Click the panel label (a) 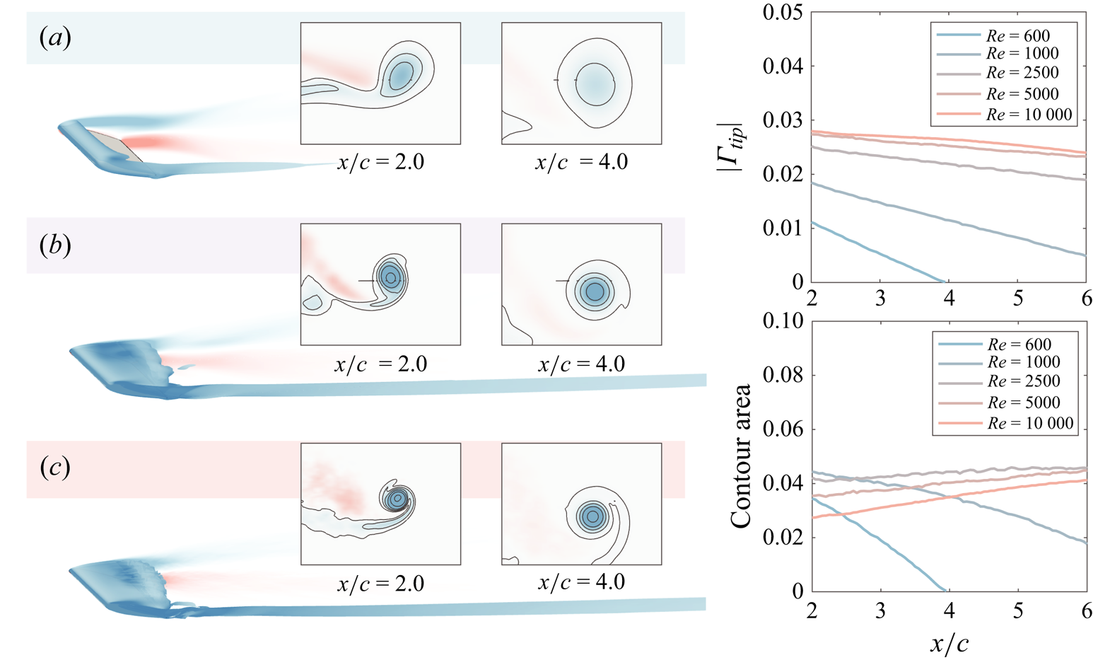click(55, 37)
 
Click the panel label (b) click(55, 245)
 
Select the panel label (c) click(55, 468)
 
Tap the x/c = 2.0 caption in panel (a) click(380, 162)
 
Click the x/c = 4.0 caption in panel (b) click(581, 364)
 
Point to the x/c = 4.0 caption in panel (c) click(581, 582)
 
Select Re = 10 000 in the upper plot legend click(1029, 115)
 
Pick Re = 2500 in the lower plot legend click(1024, 381)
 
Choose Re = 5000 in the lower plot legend click(1024, 403)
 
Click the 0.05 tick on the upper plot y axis click(783, 13)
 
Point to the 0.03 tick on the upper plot click(783, 120)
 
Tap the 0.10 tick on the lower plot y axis click(783, 321)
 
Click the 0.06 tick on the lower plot click(783, 429)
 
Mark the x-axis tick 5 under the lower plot click(1018, 610)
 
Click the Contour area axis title click(741, 456)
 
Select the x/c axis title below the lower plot click(949, 644)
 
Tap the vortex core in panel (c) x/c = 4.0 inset click(592, 516)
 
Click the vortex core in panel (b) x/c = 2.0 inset click(390, 277)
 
